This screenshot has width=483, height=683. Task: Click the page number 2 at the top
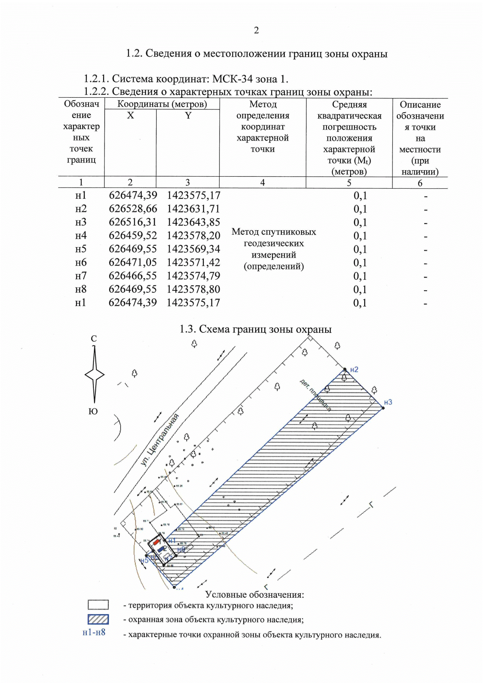256,30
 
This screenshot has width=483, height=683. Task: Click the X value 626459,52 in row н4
133,235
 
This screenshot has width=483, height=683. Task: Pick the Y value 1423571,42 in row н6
194,262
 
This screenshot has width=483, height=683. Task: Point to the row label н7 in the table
81,276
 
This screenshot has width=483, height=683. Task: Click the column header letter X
130,116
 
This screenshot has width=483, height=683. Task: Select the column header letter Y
188,116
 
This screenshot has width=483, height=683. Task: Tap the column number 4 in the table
262,183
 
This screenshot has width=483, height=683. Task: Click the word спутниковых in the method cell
289,232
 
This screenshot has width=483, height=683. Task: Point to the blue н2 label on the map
354,369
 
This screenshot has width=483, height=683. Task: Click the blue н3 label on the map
388,402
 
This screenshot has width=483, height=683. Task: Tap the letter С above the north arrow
94,339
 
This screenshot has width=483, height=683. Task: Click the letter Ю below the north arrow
93,411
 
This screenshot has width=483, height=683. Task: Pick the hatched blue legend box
98,619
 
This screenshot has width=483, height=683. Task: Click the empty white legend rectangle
98,605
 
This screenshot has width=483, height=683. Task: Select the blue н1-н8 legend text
94,632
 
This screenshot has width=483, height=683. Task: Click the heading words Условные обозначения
254,594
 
